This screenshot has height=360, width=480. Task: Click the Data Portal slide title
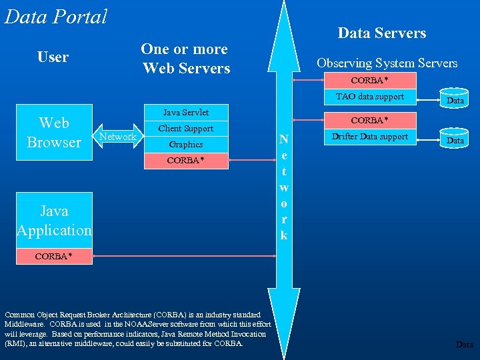click(x=55, y=16)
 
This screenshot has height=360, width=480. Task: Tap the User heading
click(x=53, y=57)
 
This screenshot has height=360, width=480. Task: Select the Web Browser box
click(x=54, y=133)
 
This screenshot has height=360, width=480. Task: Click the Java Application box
click(x=54, y=221)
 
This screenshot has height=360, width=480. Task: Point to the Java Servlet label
click(x=186, y=113)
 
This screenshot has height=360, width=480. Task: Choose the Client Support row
click(x=186, y=128)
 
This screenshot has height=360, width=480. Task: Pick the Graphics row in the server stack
click(x=186, y=144)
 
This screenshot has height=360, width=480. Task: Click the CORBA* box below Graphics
click(x=186, y=161)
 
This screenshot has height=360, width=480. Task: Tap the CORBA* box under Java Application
click(x=54, y=256)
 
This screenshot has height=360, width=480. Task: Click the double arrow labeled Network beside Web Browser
click(x=118, y=137)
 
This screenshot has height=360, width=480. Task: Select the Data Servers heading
click(x=381, y=33)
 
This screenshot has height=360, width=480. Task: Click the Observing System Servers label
click(x=387, y=63)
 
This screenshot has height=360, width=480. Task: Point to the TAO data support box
click(x=370, y=97)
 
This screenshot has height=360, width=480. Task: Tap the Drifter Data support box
click(x=370, y=137)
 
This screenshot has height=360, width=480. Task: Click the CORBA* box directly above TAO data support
click(x=370, y=81)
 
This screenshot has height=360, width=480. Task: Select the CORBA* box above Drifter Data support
click(x=370, y=121)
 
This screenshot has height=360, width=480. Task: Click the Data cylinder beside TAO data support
click(x=455, y=99)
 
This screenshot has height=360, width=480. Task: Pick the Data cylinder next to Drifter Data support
click(x=455, y=139)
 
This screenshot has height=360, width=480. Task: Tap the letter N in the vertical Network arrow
click(x=284, y=140)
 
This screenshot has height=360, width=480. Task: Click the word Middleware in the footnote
click(x=25, y=324)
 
